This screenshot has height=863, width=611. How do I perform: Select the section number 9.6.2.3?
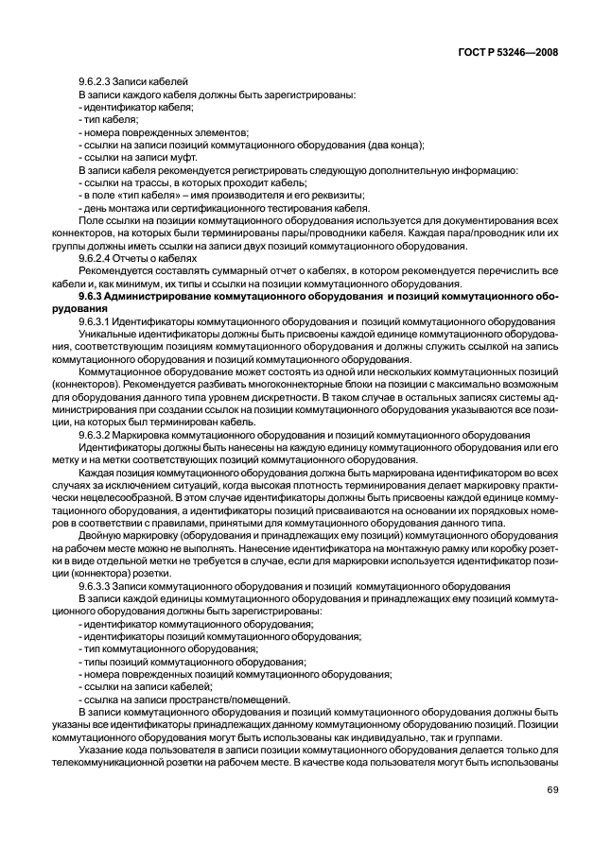(97, 81)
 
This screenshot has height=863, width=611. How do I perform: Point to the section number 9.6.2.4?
(97, 258)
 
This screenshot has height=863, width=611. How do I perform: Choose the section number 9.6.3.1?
(100, 321)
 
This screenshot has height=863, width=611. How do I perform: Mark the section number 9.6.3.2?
(100, 434)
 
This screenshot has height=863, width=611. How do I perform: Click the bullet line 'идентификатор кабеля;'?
(136, 107)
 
